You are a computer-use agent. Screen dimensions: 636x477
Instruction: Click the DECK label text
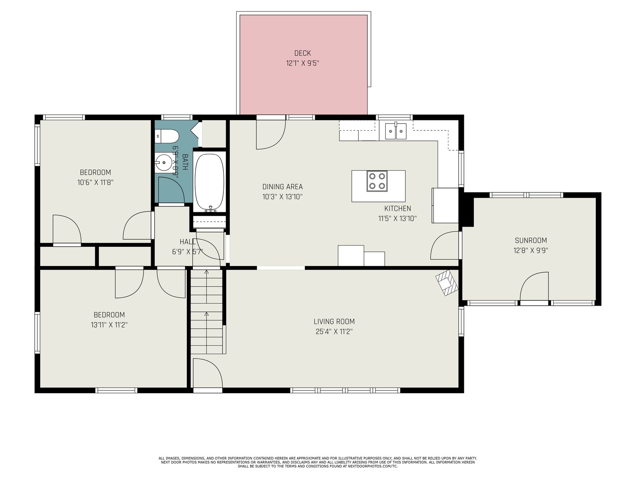(x=302, y=53)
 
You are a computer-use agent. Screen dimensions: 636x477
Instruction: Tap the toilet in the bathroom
(x=167, y=136)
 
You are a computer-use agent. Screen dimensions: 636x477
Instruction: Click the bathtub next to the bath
(x=209, y=182)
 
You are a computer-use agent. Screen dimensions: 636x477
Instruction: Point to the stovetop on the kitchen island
(x=377, y=181)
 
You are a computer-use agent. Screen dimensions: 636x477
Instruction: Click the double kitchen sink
(x=396, y=131)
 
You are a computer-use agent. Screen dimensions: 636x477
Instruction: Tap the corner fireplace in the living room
(x=447, y=283)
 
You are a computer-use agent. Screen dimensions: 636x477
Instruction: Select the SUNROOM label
(x=531, y=240)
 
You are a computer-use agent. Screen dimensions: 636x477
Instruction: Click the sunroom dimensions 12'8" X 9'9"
(x=531, y=250)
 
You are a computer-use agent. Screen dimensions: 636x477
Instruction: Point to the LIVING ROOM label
(x=334, y=322)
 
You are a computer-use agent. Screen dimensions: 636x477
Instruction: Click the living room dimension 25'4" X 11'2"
(x=334, y=332)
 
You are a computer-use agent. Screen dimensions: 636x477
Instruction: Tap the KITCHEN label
(x=397, y=209)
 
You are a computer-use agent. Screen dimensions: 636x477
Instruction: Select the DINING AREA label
(x=283, y=187)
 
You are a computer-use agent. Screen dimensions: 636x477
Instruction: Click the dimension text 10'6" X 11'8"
(x=95, y=182)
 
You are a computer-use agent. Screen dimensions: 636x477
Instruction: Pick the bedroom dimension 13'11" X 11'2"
(x=109, y=325)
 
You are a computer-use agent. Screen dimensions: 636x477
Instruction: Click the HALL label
(x=188, y=242)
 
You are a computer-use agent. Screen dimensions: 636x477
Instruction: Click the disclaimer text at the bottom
(x=318, y=462)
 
